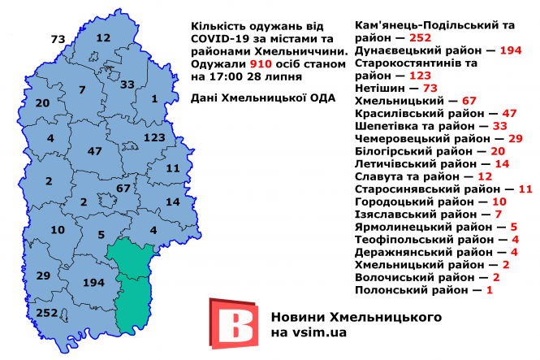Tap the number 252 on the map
(x=47, y=313)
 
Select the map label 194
(x=94, y=282)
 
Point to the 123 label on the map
(x=153, y=138)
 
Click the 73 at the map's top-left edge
(x=58, y=39)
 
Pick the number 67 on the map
(x=124, y=189)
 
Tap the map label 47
(x=95, y=152)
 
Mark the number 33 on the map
(x=127, y=85)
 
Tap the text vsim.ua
(x=310, y=333)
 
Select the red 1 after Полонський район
(x=489, y=289)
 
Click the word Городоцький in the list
(x=394, y=202)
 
